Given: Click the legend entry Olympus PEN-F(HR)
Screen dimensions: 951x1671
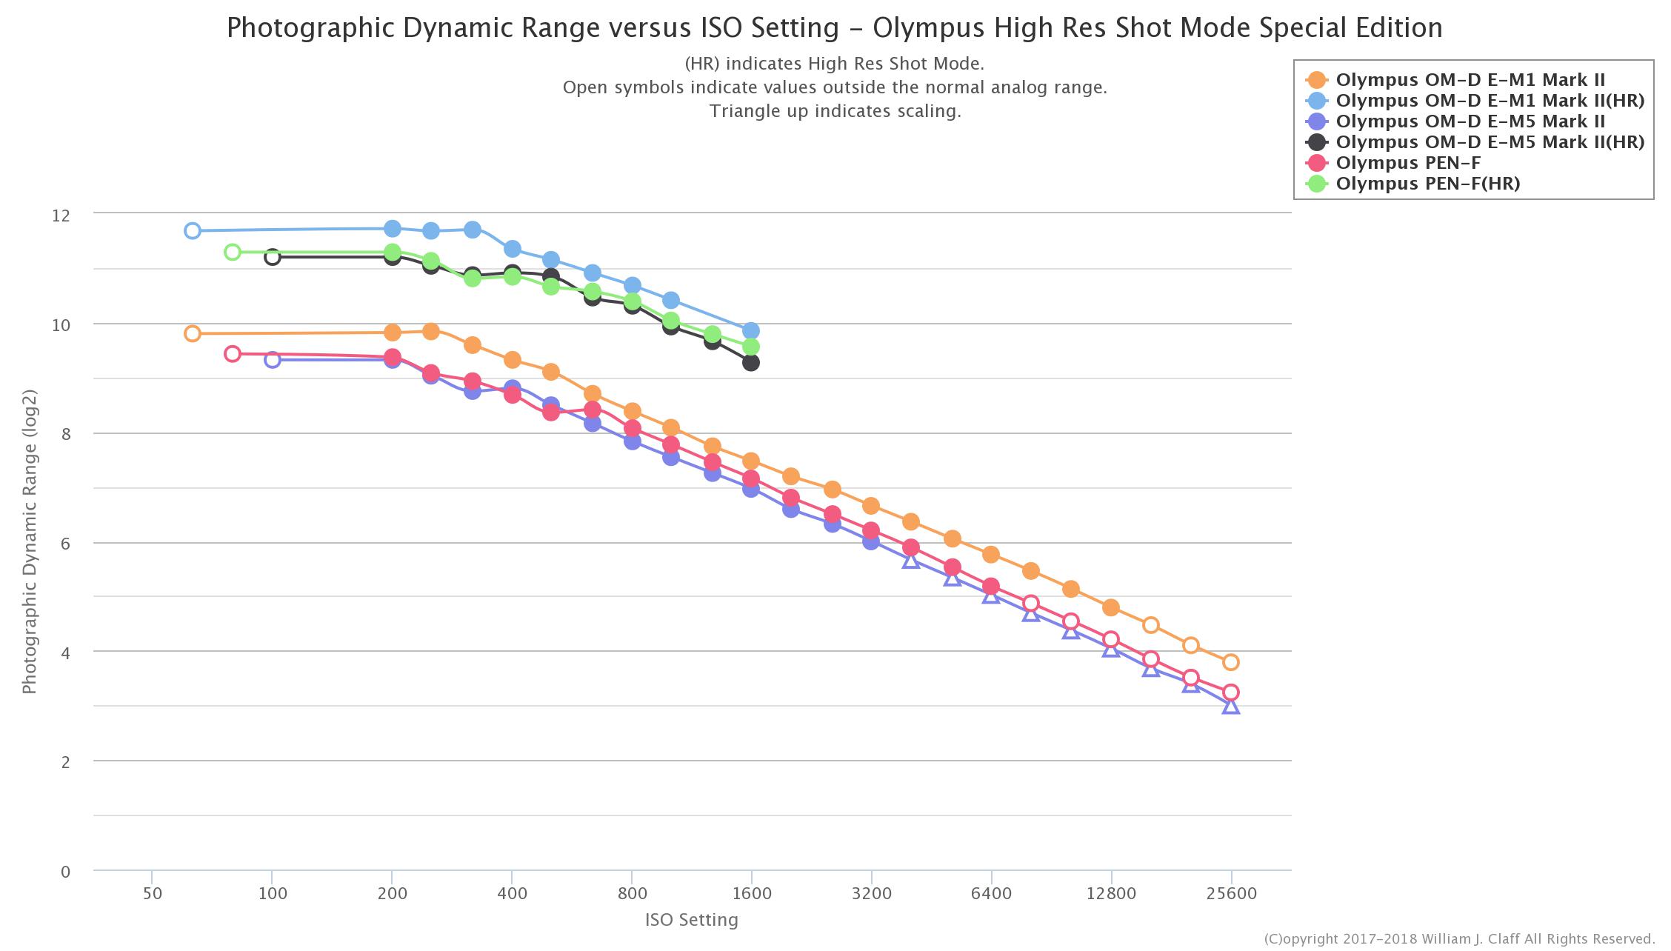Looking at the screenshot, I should tap(1427, 184).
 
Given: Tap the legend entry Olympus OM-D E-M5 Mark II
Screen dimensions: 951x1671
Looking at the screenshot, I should tap(1470, 121).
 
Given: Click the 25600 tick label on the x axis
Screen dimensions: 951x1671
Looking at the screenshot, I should tap(1230, 894).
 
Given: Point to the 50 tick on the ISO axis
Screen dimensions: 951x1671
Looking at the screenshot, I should tap(152, 894).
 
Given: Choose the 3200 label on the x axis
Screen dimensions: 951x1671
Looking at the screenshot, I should tap(871, 894).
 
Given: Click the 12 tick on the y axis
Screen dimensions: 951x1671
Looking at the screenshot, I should tap(61, 216).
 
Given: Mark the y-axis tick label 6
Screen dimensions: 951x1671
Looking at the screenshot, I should tap(66, 544).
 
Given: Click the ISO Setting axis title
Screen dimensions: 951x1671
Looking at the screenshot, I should tap(691, 920).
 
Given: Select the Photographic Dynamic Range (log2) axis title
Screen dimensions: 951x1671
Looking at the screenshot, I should tap(30, 541).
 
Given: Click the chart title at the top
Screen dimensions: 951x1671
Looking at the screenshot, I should tap(834, 28).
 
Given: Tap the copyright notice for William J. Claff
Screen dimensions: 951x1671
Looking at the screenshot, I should tap(1458, 939).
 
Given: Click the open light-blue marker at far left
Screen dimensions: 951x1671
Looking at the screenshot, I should tap(193, 230).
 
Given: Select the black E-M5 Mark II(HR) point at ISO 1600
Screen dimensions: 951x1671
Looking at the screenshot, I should tap(751, 362).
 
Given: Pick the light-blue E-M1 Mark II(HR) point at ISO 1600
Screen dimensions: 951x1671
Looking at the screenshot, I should tap(751, 331).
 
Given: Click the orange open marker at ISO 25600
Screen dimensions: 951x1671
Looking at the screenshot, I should tap(1230, 662).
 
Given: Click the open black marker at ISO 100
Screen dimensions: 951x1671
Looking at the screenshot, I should tap(273, 257).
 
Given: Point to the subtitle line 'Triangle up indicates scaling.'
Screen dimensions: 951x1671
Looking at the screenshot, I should tap(835, 111).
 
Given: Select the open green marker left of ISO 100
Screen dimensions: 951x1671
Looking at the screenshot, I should tap(233, 252).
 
